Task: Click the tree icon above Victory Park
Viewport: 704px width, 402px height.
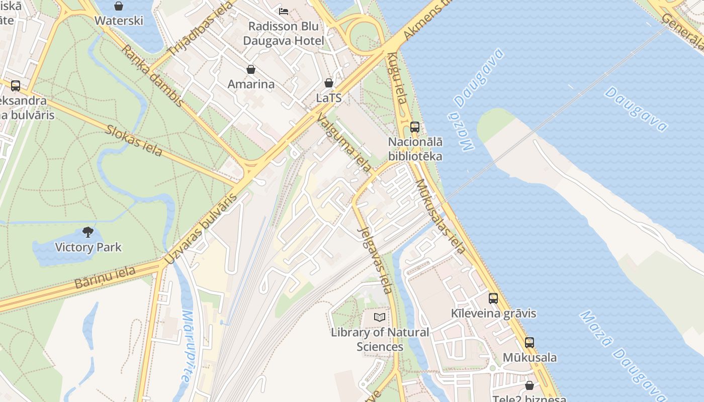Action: click(x=88, y=232)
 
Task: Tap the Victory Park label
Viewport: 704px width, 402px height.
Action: click(x=88, y=247)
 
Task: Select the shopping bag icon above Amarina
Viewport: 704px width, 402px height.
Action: click(x=251, y=69)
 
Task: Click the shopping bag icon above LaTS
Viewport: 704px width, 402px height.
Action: click(x=329, y=83)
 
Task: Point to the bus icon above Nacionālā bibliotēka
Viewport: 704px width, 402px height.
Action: click(x=415, y=127)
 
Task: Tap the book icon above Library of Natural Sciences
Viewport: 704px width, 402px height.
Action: click(x=380, y=318)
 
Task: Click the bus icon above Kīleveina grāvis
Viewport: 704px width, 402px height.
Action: click(x=493, y=298)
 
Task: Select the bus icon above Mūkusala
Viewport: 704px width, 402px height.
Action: click(x=530, y=343)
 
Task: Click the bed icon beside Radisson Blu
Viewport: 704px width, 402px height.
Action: click(x=284, y=11)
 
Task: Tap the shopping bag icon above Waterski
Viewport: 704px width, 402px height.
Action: click(x=119, y=6)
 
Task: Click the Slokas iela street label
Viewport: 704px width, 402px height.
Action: click(x=134, y=140)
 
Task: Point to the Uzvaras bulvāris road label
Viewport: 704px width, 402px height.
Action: click(x=201, y=230)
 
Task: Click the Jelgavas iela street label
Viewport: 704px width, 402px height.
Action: click(x=375, y=260)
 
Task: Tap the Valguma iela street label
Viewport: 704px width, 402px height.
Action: click(x=344, y=142)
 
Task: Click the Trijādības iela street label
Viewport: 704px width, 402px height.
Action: click(x=202, y=29)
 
